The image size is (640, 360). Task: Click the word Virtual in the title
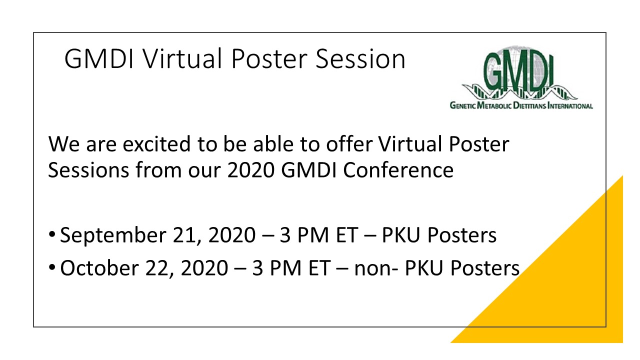click(182, 58)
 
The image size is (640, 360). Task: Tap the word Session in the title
click(360, 58)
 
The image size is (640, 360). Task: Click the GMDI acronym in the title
click(99, 58)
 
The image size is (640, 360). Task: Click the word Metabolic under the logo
click(494, 105)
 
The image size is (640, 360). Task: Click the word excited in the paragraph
click(156, 143)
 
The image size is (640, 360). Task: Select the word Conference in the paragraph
click(398, 170)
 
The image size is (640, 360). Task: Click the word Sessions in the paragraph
click(88, 170)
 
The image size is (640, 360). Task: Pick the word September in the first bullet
click(113, 235)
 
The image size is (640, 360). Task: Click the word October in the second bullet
click(99, 268)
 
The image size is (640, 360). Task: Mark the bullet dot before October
click(52, 267)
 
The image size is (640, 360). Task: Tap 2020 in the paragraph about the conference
click(251, 170)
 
